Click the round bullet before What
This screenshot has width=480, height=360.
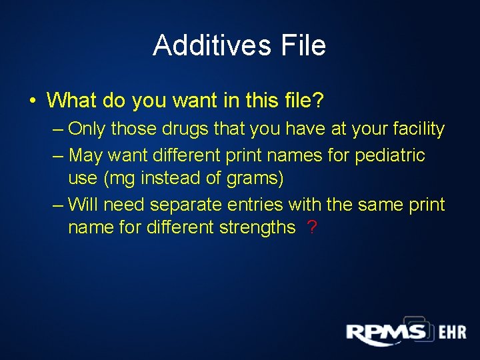pyautogui.click(x=32, y=101)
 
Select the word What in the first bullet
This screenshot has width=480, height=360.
pyautogui.click(x=71, y=101)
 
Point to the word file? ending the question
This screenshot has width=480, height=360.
pyautogui.click(x=300, y=101)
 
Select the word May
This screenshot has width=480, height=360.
pyautogui.click(x=85, y=155)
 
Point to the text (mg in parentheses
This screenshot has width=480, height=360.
pyautogui.click(x=117, y=178)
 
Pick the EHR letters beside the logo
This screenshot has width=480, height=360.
pyautogui.click(x=451, y=332)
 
